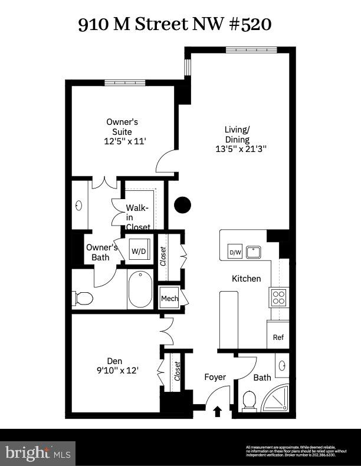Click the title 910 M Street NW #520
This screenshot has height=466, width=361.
(x=175, y=24)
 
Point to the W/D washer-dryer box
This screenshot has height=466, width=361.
(x=139, y=251)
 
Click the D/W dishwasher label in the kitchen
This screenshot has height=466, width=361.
(x=235, y=253)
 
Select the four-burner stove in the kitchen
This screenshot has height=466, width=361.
(x=278, y=296)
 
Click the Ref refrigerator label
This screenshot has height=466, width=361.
(x=278, y=338)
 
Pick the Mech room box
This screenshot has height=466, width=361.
(x=169, y=298)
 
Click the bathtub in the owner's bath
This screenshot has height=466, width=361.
(x=140, y=289)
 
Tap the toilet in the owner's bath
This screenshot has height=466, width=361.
(x=83, y=298)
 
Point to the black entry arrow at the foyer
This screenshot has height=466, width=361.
(x=217, y=411)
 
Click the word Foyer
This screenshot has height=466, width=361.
(x=215, y=377)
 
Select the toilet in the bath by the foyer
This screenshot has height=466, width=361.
(x=249, y=400)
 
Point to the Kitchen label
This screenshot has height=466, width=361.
(x=246, y=278)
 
